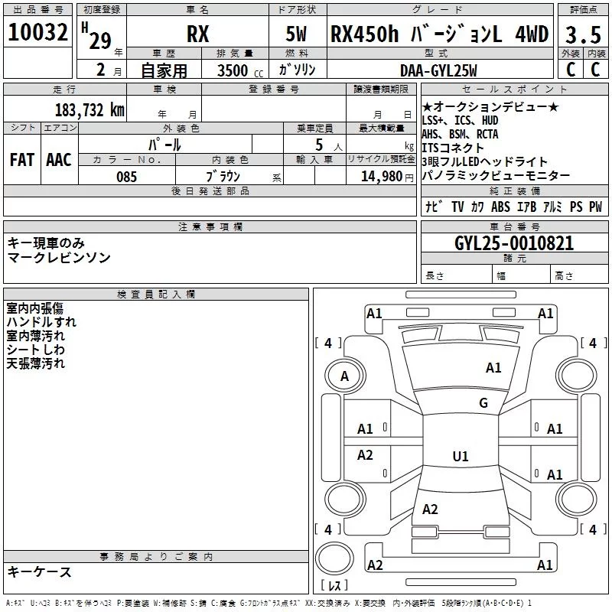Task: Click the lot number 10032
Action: coord(37,32)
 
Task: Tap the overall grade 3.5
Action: coord(583,34)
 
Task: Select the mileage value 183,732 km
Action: coord(90,110)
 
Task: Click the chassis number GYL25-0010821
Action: coord(514,243)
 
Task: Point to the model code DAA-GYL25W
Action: coord(438,70)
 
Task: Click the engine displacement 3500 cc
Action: coord(240,70)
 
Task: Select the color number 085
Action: coord(126,177)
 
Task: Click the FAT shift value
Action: coord(22,160)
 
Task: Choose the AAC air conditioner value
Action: coord(59,160)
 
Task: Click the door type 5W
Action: coord(296,34)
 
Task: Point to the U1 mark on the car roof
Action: coord(461,456)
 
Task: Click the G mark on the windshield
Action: coord(483,403)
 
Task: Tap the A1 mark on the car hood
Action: coord(493,368)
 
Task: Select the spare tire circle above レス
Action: coord(334,558)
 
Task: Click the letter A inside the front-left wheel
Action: coord(344,376)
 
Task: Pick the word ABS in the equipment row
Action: coord(500,207)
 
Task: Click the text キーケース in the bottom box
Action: coord(40,572)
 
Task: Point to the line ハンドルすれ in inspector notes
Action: coord(41,322)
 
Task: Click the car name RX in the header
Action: coord(198,34)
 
